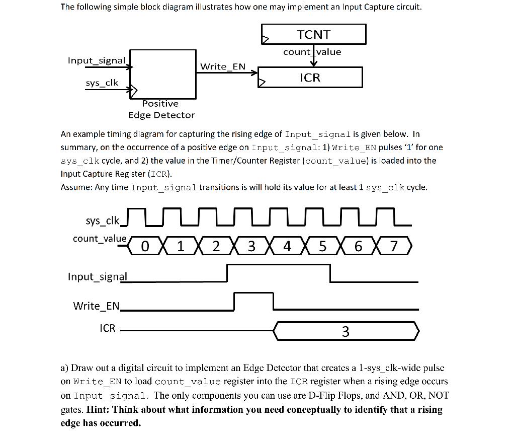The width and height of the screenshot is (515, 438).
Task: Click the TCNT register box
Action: pyautogui.click(x=314, y=34)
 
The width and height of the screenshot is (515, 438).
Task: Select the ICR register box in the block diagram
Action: pyautogui.click(x=310, y=78)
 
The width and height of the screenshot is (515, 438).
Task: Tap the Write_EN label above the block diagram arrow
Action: pyautogui.click(x=223, y=66)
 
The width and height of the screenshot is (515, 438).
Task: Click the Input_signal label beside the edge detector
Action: pyautogui.click(x=97, y=60)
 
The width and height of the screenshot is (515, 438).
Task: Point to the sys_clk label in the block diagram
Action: pyautogui.click(x=102, y=83)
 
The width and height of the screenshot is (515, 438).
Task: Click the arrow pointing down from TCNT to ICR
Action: pyautogui.click(x=314, y=59)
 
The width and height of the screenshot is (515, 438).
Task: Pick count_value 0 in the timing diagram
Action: pyautogui.click(x=145, y=247)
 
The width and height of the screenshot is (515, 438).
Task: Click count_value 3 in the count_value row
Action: pyautogui.click(x=252, y=247)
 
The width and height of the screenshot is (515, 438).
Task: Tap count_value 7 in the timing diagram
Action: pyautogui.click(x=394, y=247)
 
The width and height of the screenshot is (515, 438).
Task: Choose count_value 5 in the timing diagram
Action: pyautogui.click(x=323, y=247)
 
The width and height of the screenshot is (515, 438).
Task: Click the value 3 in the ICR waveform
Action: pyautogui.click(x=346, y=332)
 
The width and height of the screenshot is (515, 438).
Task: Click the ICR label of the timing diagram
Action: pyautogui.click(x=108, y=328)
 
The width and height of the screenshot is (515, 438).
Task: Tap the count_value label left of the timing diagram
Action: pyautogui.click(x=100, y=238)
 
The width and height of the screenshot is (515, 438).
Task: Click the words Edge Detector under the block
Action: pyautogui.click(x=161, y=115)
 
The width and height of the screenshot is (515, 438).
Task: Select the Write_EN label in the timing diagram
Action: pyautogui.click(x=97, y=306)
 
